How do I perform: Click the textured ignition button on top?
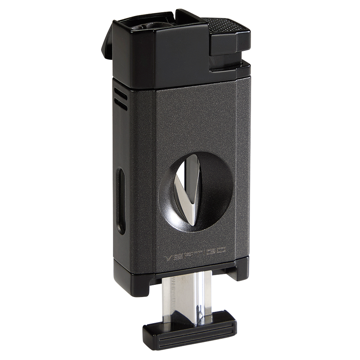(226, 27)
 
